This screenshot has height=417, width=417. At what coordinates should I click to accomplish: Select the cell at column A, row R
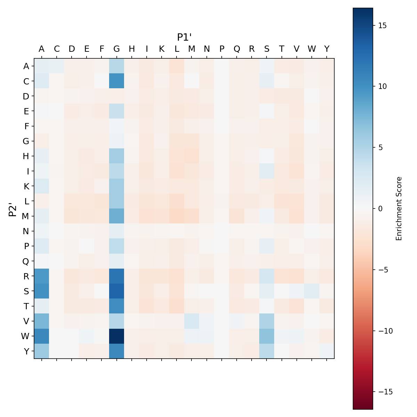coord(42,276)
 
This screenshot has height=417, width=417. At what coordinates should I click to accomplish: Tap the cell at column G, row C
coord(117,81)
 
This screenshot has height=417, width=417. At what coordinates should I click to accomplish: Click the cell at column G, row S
coord(117,291)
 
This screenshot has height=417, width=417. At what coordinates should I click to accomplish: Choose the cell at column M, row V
coord(192,321)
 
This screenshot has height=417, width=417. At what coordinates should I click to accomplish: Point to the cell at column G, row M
coord(117,216)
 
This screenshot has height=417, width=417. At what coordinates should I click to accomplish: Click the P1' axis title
coord(185,37)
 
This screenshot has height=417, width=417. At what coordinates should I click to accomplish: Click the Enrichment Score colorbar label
coord(399,208)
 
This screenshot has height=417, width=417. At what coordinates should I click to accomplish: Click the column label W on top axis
coord(312,49)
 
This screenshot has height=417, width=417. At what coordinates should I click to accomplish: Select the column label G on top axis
coord(117,49)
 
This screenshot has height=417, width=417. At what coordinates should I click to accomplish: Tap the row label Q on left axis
coord(26,261)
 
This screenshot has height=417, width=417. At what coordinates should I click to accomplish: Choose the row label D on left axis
coord(26,96)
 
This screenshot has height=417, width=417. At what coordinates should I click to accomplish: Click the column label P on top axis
coord(222,49)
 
